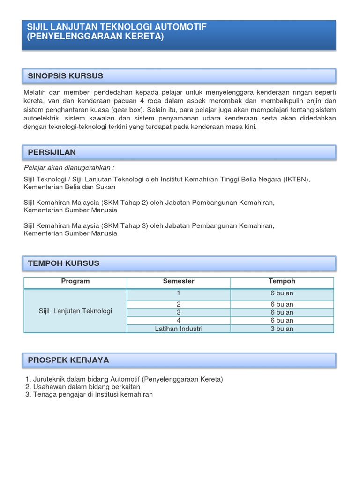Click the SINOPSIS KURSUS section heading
coord(66,76)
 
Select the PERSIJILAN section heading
coord(52,152)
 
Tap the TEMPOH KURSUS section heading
coord(64,263)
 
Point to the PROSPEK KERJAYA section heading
coord(68,360)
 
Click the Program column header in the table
coord(75,281)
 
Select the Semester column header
coord(179,281)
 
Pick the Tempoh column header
coord(282,281)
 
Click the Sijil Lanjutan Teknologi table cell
coord(75,311)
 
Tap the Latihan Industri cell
coord(179,329)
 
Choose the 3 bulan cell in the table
coord(282,329)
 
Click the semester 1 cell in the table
coord(179,293)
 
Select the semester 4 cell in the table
coord(179,320)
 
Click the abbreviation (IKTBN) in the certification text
coord(296,180)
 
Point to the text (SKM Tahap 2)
coord(125,202)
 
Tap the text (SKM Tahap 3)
coord(125,225)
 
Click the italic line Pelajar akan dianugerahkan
coord(69,168)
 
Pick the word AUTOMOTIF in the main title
coord(175,27)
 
